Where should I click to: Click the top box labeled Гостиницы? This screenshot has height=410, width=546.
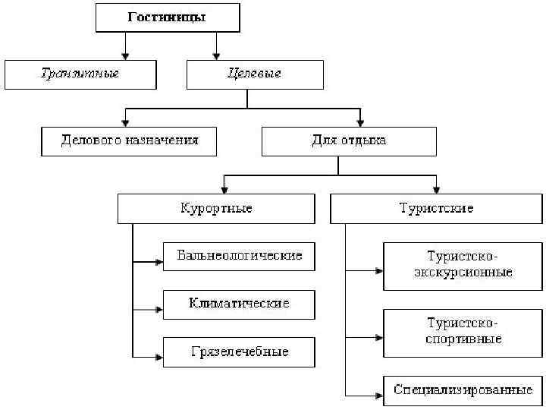(x=168, y=17)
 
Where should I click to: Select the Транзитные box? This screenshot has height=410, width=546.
(x=80, y=74)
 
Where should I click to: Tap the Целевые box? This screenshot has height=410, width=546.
(x=255, y=74)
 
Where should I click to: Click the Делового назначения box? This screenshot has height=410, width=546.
(x=129, y=141)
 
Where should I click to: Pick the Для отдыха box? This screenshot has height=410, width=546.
(x=349, y=141)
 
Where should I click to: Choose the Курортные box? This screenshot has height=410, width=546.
(x=216, y=208)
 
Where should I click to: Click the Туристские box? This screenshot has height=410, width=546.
(x=436, y=208)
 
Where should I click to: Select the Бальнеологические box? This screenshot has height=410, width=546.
(x=239, y=256)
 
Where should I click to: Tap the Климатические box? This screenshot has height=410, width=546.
(x=239, y=304)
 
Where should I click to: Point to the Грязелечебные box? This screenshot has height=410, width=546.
(x=239, y=352)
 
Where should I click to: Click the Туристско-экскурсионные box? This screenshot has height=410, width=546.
(x=463, y=266)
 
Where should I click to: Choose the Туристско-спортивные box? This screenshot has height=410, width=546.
(x=463, y=333)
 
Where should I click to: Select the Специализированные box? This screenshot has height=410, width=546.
(x=463, y=391)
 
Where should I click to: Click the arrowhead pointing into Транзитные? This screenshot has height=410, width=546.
(x=125, y=55)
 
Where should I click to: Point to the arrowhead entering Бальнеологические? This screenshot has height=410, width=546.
(x=158, y=263)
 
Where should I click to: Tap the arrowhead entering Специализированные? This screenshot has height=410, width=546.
(x=378, y=395)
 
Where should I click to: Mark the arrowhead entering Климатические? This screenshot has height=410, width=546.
(x=158, y=310)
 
